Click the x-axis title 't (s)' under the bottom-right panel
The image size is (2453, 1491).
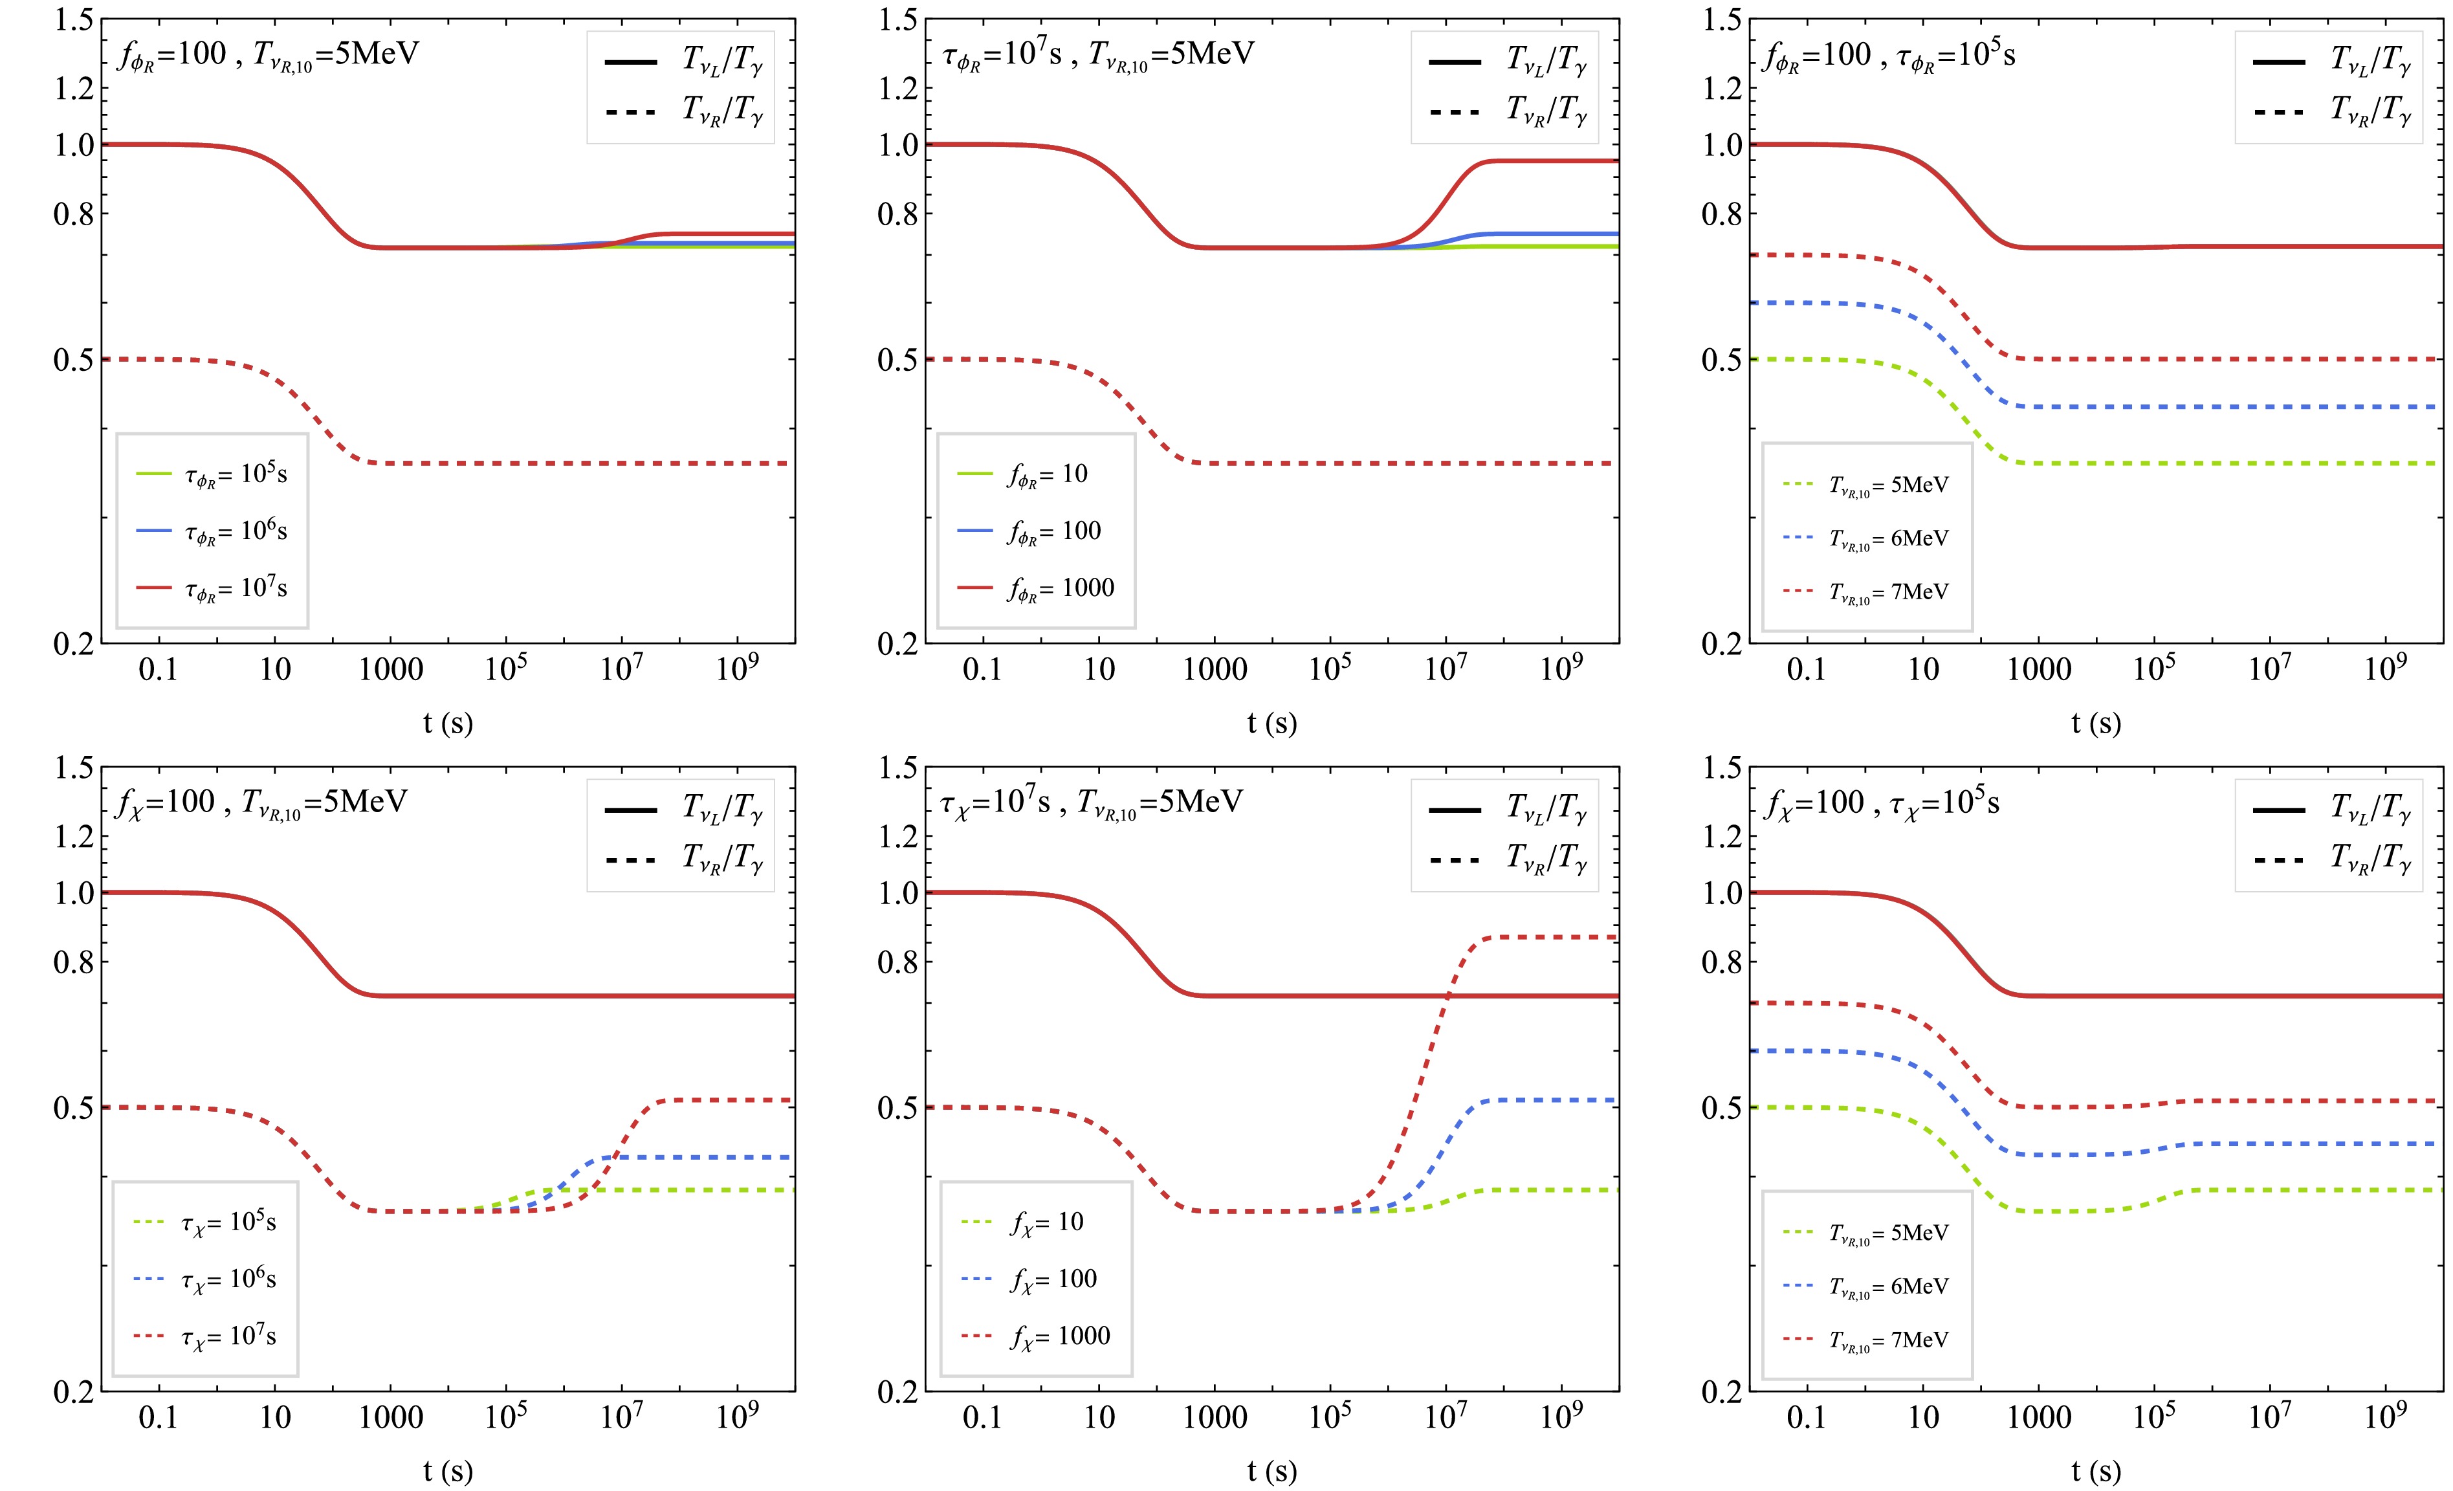2096,1470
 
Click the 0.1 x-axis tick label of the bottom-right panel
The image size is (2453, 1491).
1806,1417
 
